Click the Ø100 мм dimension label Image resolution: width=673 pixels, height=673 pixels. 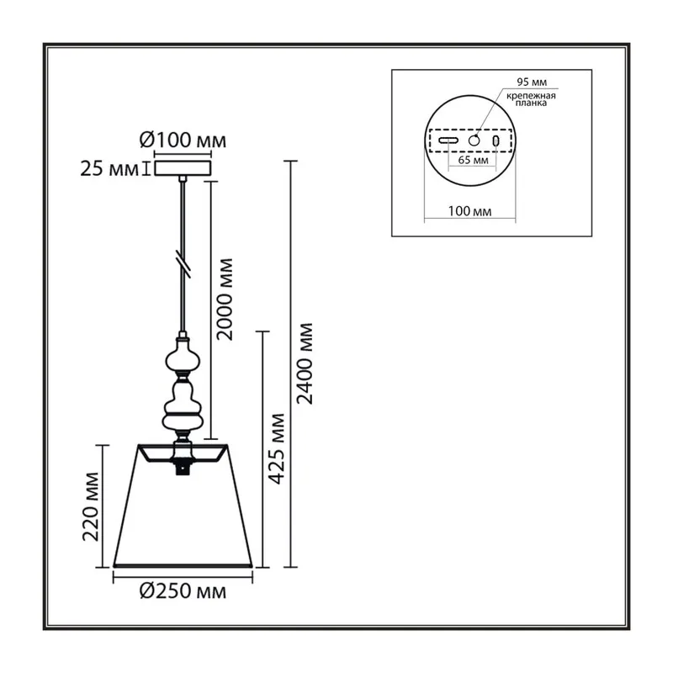183,140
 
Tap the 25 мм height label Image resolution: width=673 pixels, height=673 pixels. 109,169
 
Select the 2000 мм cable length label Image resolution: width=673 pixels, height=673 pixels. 225,299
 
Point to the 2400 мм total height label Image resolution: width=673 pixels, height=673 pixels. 305,364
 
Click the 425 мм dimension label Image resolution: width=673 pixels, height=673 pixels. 276,449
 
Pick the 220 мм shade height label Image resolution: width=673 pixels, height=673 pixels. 91,507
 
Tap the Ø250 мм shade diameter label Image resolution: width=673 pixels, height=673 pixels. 183,591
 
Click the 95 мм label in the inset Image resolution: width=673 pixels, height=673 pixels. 532,82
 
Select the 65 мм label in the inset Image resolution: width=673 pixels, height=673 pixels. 473,160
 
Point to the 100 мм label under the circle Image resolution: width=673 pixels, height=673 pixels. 470,211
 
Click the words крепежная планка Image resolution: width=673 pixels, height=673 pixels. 531,99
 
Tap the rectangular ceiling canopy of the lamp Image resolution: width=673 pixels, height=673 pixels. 183,168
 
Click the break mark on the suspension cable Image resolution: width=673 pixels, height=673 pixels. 183,264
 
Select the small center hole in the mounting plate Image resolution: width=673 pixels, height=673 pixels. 474,140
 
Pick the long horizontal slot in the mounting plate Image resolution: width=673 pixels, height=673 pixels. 448,140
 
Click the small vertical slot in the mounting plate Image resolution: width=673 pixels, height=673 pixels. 495,140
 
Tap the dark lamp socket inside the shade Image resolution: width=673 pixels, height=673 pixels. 183,467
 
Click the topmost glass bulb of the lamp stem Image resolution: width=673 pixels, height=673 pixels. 183,355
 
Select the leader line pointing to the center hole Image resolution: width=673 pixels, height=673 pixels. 489,112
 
